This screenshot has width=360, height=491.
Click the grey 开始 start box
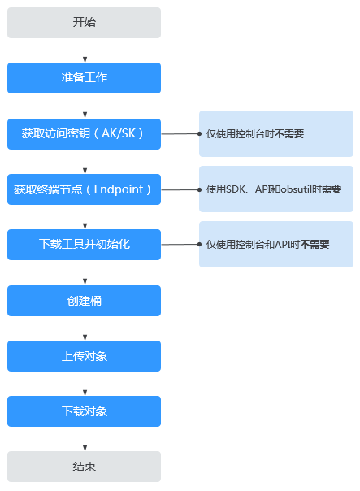click(84, 23)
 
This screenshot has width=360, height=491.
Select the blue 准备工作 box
click(84, 78)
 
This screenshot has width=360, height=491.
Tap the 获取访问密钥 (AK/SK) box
click(84, 134)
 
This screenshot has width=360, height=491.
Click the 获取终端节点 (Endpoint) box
click(84, 189)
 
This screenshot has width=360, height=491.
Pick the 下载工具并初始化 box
click(84, 245)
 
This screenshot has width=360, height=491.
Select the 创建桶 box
click(84, 301)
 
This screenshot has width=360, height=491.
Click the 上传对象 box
click(84, 356)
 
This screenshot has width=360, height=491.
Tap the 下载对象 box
click(84, 411)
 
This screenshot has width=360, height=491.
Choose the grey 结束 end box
click(84, 467)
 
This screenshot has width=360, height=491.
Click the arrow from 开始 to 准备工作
click(85, 50)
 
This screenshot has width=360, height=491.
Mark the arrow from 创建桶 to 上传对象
click(85, 328)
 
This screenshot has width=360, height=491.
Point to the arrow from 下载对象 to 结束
click(85, 439)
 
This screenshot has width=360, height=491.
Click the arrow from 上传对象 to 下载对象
click(85, 384)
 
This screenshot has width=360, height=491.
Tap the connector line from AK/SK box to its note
click(181, 133)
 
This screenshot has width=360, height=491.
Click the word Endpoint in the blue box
click(119, 189)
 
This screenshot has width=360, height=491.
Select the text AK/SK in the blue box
click(119, 133)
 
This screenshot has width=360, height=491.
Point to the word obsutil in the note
click(296, 189)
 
